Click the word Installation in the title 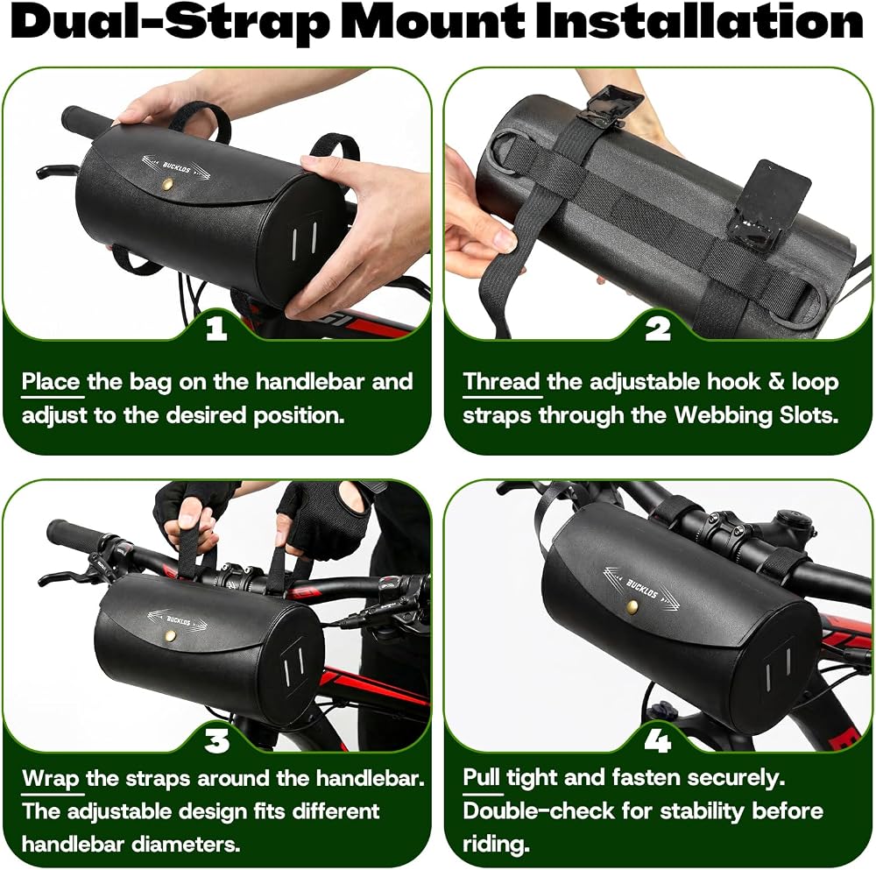[x=699, y=23]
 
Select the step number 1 [x=216, y=329]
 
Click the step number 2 [x=658, y=329]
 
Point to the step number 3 [x=216, y=741]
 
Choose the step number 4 [x=658, y=741]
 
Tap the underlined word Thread [x=501, y=382]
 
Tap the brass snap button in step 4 [x=632, y=606]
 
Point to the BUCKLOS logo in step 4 [x=641, y=588]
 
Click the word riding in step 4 [x=496, y=845]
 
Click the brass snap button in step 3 [x=172, y=635]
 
